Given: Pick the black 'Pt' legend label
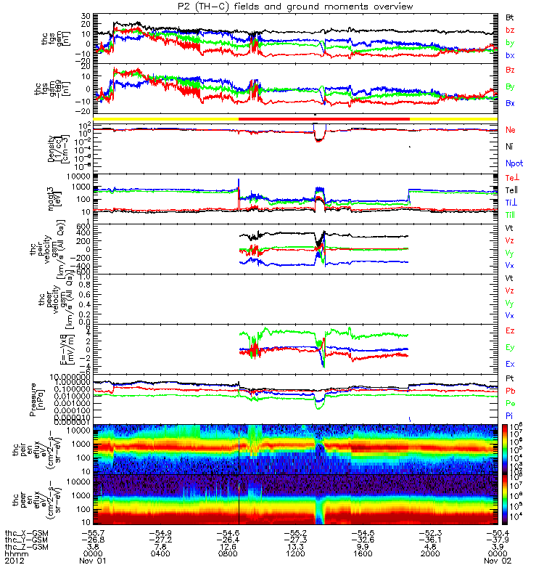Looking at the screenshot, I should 510,379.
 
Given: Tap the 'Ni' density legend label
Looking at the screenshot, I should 510,147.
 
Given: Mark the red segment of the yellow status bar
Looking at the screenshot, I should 324,118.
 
